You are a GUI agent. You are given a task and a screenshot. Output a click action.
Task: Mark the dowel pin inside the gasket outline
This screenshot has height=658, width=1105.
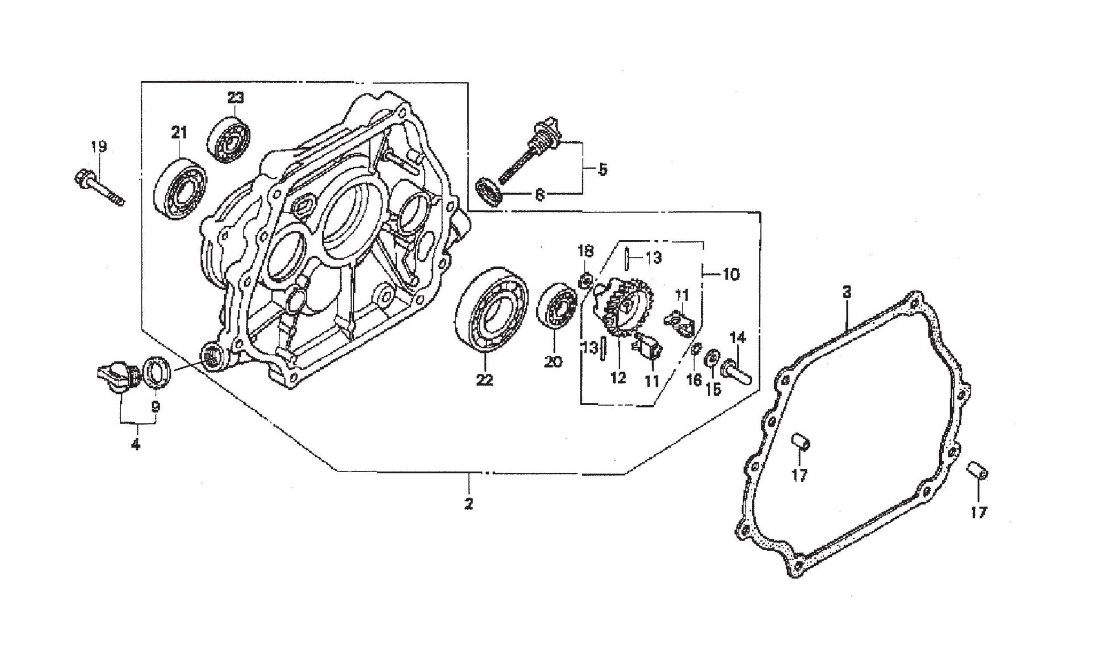pos(801,443)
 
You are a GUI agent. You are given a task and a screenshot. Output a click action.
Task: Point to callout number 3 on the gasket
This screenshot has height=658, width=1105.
pos(847,293)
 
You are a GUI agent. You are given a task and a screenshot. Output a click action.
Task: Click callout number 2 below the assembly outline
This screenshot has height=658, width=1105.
pos(469,503)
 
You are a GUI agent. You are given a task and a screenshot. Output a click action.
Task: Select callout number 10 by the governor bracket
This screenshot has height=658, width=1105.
pos(731,274)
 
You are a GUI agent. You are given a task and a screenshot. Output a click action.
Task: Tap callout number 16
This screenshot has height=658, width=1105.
pos(694,380)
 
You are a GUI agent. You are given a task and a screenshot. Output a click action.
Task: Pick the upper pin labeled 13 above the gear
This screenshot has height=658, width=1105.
pos(625,260)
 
